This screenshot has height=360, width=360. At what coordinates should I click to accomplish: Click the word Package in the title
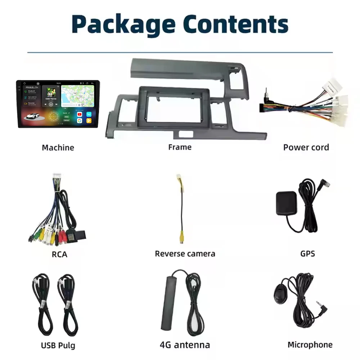click(123, 24)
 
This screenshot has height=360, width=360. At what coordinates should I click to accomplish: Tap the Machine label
click(58, 148)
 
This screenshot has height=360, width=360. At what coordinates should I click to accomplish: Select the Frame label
click(180, 147)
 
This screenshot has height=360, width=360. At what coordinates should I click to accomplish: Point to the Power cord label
click(306, 147)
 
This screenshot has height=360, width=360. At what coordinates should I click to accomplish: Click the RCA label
click(59, 255)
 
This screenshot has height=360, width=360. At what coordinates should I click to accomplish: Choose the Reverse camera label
click(185, 253)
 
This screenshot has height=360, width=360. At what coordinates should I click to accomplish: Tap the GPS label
click(307, 253)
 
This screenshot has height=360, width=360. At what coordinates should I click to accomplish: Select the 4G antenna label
click(185, 345)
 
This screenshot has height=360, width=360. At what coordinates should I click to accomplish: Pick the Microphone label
click(310, 345)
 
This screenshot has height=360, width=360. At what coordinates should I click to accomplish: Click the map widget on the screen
click(77, 95)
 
